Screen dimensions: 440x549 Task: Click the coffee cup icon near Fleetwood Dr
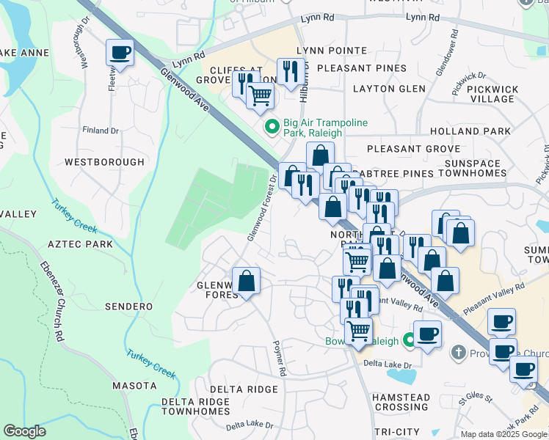(x=120, y=53)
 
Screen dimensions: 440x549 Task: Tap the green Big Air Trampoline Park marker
(x=272, y=128)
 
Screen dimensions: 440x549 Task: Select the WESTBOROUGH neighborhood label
(x=104, y=161)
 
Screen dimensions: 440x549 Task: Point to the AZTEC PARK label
(x=80, y=243)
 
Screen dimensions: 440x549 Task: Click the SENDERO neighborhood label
(x=128, y=306)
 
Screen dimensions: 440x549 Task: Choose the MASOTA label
(x=134, y=385)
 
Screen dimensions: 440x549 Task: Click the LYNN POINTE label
(x=331, y=51)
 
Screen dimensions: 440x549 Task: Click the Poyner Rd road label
(x=279, y=358)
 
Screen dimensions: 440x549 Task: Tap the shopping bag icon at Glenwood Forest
(x=246, y=282)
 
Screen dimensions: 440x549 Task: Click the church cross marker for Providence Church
(x=459, y=353)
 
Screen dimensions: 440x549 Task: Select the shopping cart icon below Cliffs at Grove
(x=260, y=95)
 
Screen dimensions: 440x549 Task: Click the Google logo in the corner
(x=24, y=431)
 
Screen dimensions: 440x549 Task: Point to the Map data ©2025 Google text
(x=503, y=434)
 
